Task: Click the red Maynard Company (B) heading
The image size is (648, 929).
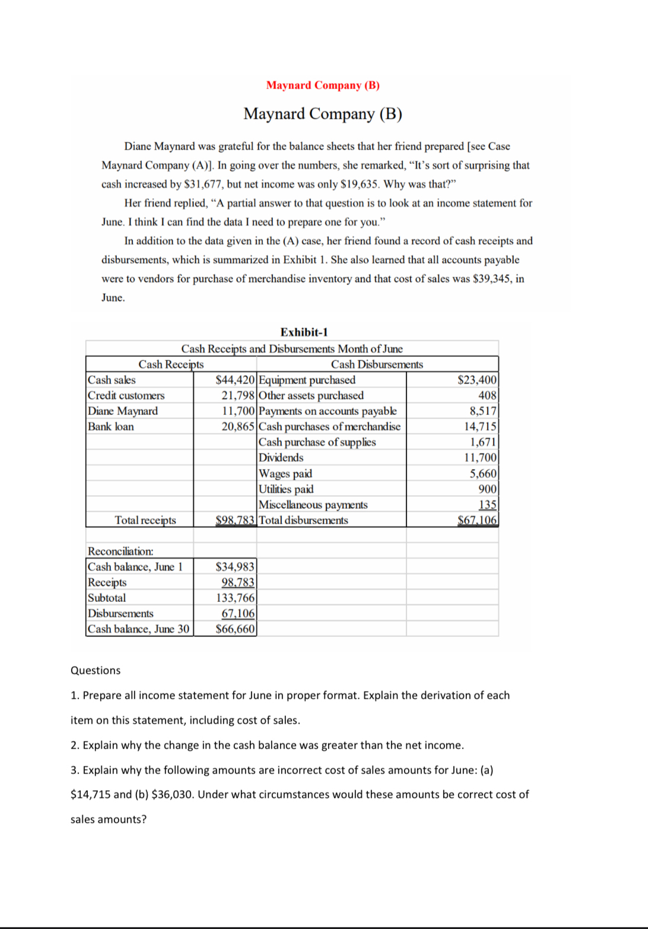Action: [x=323, y=85]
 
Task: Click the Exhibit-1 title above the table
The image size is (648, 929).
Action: [x=304, y=332]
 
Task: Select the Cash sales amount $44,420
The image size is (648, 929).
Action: [x=236, y=380]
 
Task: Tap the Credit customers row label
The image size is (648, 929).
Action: [x=126, y=395]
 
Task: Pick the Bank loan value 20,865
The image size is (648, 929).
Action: [x=239, y=426]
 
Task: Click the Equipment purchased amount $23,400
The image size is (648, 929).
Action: [x=477, y=380]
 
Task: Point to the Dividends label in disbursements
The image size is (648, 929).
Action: [x=281, y=458]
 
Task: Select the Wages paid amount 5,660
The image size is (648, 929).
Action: [x=483, y=473]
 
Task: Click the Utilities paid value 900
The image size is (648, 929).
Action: [x=488, y=489]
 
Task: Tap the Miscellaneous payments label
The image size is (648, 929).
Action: [x=313, y=505]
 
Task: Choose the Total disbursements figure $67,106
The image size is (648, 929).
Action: [x=477, y=520]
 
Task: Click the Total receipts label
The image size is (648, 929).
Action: [x=145, y=520]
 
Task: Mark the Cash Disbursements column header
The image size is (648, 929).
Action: [x=377, y=364]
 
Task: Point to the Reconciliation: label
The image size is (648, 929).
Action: [x=120, y=551]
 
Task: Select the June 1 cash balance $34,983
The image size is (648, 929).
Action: [x=235, y=567]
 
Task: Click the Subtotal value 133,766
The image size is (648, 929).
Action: [x=235, y=598]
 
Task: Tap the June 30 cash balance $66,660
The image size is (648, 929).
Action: [x=235, y=629]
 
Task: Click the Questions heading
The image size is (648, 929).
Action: [x=96, y=670]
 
